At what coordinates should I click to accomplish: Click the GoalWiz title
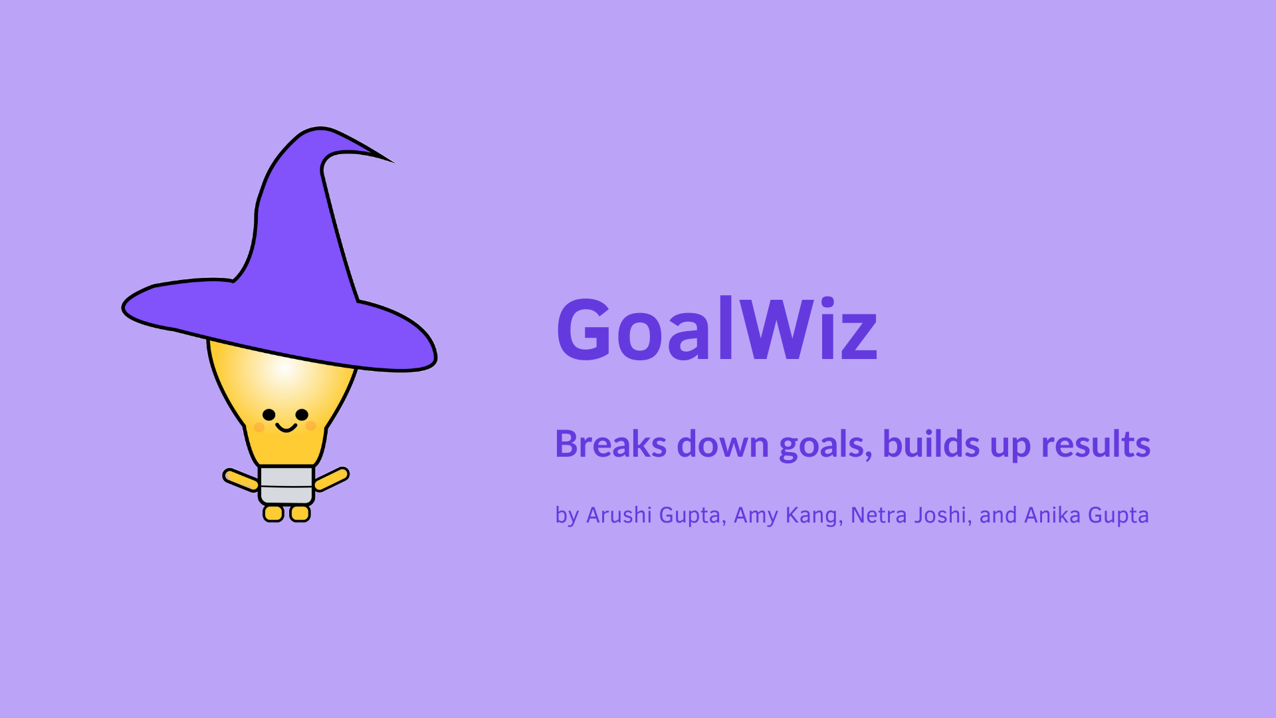[716, 328]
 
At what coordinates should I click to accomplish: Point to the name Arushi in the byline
[619, 515]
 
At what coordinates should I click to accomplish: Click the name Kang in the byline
[814, 516]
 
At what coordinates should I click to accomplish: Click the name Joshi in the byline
[942, 515]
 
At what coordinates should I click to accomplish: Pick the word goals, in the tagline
[825, 445]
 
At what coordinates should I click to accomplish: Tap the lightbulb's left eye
[268, 415]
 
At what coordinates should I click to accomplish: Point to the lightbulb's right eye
[302, 415]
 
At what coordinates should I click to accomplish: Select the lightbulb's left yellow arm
[241, 480]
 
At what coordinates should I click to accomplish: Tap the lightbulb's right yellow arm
[331, 479]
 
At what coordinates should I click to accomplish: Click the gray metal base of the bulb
[286, 485]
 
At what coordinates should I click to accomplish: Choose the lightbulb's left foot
[273, 513]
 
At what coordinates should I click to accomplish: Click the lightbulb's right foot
[300, 513]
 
